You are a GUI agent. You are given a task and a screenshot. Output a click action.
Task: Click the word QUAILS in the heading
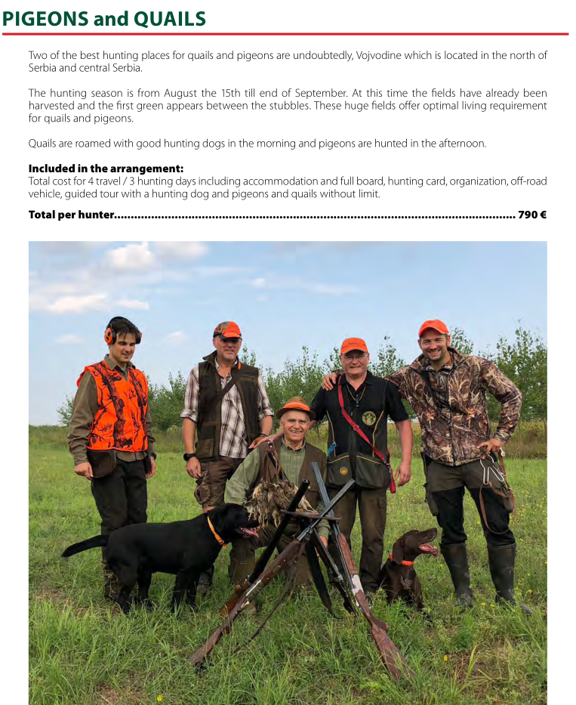click(x=171, y=18)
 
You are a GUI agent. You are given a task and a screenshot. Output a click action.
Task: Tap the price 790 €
click(x=532, y=215)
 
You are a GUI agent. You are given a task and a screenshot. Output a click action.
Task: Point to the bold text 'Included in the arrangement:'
click(x=106, y=169)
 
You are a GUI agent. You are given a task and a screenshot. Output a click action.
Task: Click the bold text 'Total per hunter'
click(x=70, y=215)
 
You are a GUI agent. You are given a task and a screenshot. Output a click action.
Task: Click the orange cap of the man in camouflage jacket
click(x=433, y=327)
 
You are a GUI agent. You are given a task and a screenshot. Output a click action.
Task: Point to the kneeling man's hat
click(x=295, y=408)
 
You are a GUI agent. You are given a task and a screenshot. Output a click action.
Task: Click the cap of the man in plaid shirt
click(x=227, y=329)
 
